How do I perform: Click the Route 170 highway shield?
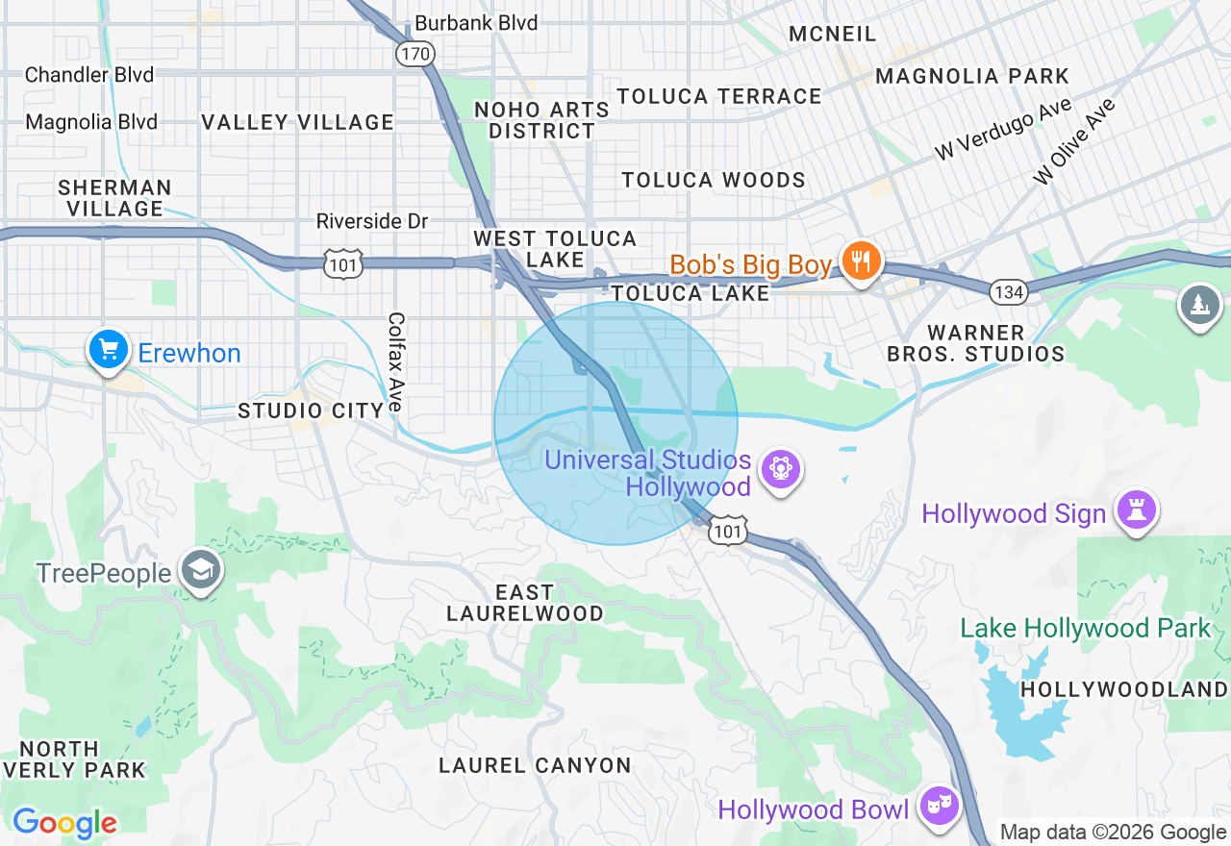coord(415,54)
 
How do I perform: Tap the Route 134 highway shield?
coord(1008,291)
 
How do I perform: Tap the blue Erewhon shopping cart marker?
coord(109,350)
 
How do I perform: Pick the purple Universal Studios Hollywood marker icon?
coord(780,470)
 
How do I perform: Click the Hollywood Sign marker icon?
coord(1136,510)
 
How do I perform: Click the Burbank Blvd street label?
coord(476,23)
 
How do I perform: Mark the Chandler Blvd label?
coord(89,75)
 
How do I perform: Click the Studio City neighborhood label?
coord(312,411)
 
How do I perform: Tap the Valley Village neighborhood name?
coord(297,122)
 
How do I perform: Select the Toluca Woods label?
coord(714,181)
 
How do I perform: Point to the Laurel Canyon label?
coord(535,765)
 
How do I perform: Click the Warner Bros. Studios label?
coord(975,343)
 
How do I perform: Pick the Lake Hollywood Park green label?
coord(1086,629)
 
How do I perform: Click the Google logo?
coord(64,823)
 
